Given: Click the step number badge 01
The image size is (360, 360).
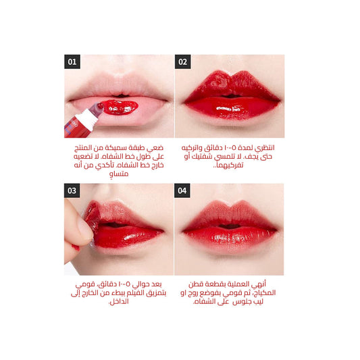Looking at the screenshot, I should pos(72,63).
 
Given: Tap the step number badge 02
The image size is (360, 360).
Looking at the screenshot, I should pos(182,63).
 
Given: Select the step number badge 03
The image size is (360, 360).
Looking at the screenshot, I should pos(72,191).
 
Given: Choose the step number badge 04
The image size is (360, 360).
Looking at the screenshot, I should pos(182,191).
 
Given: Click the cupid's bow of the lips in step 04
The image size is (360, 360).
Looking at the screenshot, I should pos(230,213).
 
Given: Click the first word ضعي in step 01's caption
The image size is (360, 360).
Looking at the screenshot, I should pos(155,147).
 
